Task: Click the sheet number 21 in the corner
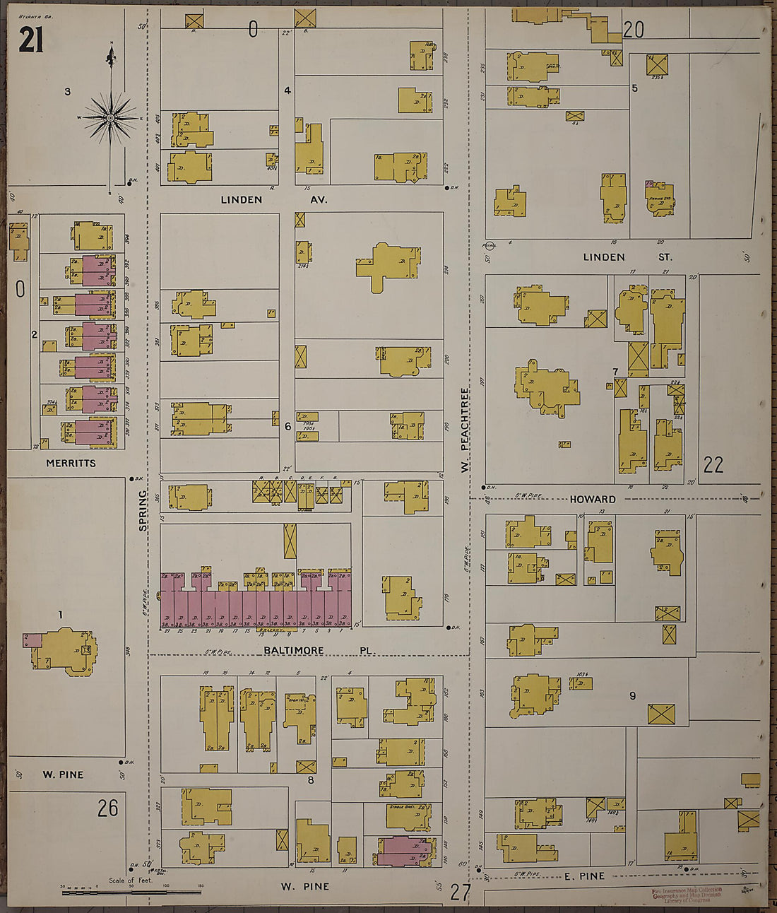[x=30, y=40]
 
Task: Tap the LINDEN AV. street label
[x=273, y=200]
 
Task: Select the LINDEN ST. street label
[x=627, y=257]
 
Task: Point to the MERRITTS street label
[x=71, y=464]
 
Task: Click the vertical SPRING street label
[x=143, y=509]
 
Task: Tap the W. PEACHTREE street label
[x=465, y=429]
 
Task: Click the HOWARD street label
[x=593, y=500]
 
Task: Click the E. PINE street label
[x=584, y=876]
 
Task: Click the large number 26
[x=107, y=808]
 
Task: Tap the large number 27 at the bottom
[x=460, y=893]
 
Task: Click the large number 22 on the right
[x=713, y=464]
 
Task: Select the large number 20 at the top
[x=633, y=29]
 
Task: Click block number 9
[x=632, y=696]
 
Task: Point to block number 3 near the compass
[x=67, y=91]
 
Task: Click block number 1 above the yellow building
[x=60, y=615]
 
